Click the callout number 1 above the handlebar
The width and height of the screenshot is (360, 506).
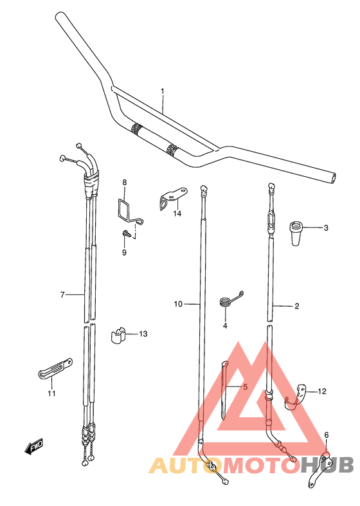(163, 92)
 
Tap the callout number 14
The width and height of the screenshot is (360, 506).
(177, 213)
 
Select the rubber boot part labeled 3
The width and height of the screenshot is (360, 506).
(296, 233)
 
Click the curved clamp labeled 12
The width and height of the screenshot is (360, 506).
(296, 398)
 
